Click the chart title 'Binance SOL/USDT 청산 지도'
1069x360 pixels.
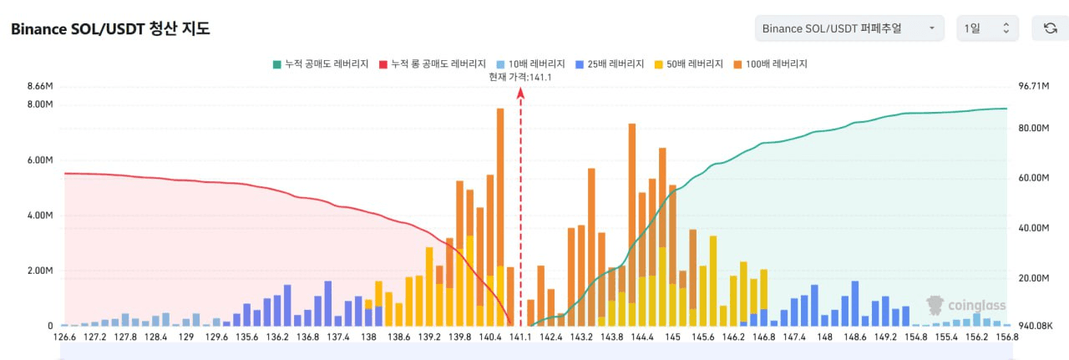110,29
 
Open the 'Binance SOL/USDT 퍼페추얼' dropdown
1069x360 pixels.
849,28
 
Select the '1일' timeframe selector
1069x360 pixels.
987,28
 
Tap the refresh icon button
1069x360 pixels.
1050,28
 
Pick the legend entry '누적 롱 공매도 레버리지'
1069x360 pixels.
433,63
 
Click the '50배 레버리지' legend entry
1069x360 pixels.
689,63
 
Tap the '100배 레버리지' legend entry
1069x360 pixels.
770,63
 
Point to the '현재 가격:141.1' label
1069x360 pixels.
520,77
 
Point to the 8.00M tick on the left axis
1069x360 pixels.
40,104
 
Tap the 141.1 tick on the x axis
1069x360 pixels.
520,337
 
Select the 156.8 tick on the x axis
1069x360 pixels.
1006,337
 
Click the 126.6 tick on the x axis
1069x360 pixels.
64,337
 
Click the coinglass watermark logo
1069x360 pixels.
966,306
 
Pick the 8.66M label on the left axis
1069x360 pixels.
40,86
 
